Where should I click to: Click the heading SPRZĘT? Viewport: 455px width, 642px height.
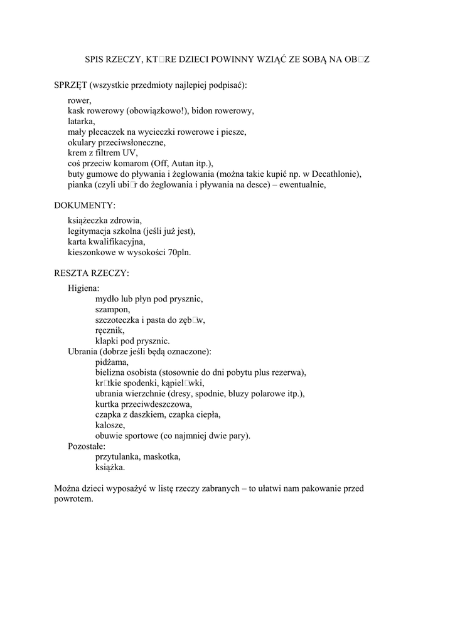click(71, 84)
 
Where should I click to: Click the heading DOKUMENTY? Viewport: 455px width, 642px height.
click(85, 205)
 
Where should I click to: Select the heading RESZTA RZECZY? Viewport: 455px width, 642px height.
click(92, 273)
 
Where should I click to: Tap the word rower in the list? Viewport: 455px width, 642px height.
click(79, 100)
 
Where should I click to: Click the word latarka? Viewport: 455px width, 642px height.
click(82, 121)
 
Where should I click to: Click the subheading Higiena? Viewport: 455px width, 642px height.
click(83, 288)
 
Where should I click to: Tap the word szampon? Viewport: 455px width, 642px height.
click(112, 309)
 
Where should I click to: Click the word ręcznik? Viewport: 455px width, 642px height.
click(110, 330)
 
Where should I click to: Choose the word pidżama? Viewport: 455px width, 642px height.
click(112, 362)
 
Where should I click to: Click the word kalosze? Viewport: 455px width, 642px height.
click(110, 425)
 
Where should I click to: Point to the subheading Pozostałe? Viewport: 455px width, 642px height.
click(87, 446)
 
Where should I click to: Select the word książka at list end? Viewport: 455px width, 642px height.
click(110, 467)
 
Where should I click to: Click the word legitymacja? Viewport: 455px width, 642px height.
click(92, 231)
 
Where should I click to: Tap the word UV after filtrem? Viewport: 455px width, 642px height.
click(130, 152)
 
